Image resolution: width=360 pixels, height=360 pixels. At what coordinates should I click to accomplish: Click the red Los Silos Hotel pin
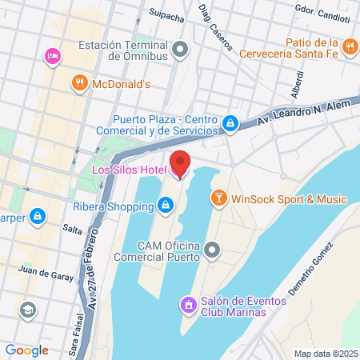click(x=180, y=165)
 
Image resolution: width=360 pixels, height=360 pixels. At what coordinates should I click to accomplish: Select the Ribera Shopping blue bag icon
click(x=165, y=205)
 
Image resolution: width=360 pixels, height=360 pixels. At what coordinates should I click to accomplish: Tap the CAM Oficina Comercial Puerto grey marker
click(x=212, y=251)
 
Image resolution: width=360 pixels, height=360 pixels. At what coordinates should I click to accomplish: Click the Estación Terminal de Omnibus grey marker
click(x=181, y=50)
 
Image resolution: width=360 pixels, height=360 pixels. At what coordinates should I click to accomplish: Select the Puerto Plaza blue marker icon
click(x=230, y=123)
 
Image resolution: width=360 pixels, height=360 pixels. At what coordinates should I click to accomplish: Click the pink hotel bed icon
click(x=52, y=56)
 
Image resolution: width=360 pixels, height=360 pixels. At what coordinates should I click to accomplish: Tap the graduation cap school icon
click(x=29, y=309)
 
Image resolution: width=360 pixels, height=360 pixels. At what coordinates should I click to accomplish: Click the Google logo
click(x=26, y=350)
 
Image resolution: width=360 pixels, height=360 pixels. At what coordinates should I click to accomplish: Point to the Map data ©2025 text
click(x=324, y=353)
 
